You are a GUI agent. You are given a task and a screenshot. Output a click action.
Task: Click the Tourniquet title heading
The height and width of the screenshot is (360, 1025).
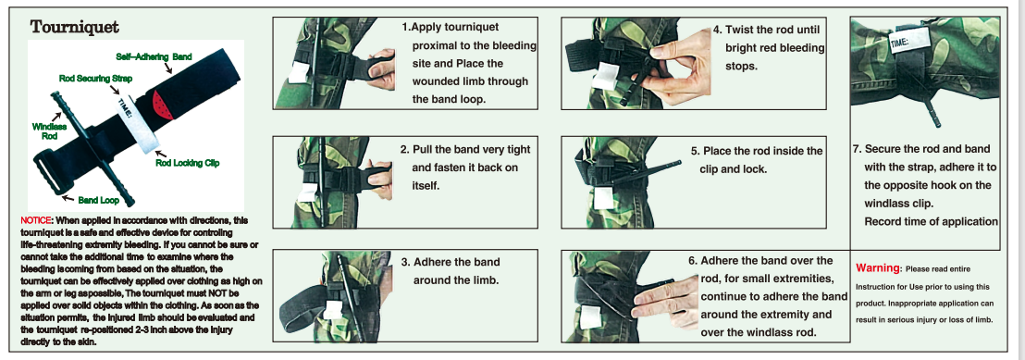(x=75, y=27)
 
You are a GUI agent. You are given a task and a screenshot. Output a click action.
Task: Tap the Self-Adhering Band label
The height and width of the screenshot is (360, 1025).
(x=154, y=56)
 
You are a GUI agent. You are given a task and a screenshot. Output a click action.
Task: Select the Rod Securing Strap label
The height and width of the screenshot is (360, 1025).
(x=95, y=79)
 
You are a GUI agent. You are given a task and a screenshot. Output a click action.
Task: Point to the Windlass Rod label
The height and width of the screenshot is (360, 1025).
(x=44, y=130)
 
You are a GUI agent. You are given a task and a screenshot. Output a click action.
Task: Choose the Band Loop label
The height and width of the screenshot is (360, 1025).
(x=99, y=200)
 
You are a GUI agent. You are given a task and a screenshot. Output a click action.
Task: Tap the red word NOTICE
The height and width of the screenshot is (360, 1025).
(x=32, y=220)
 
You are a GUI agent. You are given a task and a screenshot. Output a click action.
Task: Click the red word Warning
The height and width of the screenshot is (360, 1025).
(x=877, y=268)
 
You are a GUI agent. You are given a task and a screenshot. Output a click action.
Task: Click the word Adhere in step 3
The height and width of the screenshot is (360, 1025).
(x=435, y=262)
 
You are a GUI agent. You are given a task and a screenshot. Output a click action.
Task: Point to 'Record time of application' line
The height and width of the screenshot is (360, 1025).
(x=931, y=222)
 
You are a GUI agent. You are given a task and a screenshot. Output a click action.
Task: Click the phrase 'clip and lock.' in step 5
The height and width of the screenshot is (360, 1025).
(x=732, y=168)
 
